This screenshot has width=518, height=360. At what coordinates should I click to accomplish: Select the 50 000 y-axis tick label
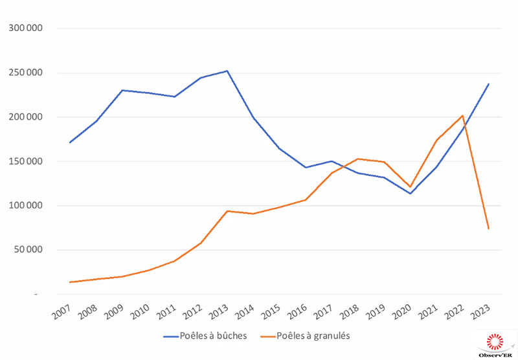(28, 250)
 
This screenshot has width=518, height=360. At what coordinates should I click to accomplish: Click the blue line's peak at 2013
(227, 71)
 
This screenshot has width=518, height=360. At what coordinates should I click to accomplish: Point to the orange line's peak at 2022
(462, 115)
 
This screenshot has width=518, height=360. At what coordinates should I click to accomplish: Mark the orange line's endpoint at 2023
(488, 229)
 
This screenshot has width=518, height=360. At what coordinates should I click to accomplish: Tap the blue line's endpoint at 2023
(488, 84)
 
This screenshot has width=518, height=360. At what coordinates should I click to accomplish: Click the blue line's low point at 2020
(410, 194)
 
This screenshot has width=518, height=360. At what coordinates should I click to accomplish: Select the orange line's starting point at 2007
(69, 282)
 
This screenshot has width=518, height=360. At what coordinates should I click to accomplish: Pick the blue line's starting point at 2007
(69, 142)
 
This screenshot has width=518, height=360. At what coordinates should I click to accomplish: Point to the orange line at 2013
(227, 211)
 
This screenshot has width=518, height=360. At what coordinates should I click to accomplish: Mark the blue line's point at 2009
(122, 90)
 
